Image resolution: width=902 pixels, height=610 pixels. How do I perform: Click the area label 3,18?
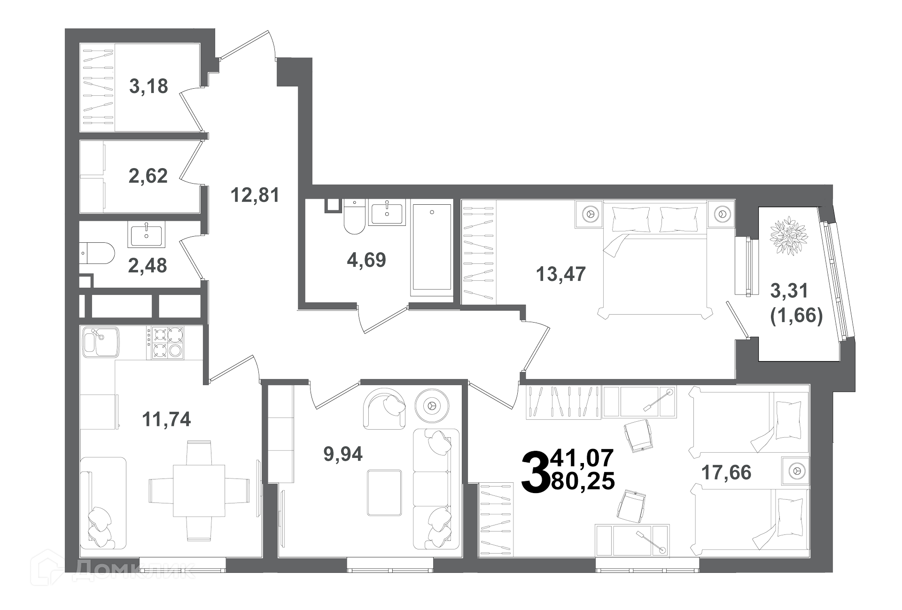point(148,86)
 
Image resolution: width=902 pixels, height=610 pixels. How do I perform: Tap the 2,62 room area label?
point(148,176)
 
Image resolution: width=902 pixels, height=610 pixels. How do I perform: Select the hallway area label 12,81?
point(255,195)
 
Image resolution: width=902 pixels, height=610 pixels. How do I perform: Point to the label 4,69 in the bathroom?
point(366,260)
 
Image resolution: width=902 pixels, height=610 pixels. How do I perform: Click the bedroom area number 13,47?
point(561,274)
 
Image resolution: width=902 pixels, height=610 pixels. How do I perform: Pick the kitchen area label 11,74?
point(166,419)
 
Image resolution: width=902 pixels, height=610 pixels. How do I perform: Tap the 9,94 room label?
point(343,454)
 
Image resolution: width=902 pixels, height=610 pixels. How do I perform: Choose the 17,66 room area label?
point(726,472)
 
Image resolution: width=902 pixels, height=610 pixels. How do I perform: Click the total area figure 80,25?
point(583,481)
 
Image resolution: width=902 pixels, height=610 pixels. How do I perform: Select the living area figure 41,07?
point(583,458)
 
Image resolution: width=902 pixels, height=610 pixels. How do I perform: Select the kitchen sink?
point(101,342)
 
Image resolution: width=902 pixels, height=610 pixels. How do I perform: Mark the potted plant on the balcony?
point(788,236)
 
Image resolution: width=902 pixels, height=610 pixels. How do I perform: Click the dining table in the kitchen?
point(199,490)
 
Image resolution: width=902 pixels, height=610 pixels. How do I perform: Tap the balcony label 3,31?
point(789,291)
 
